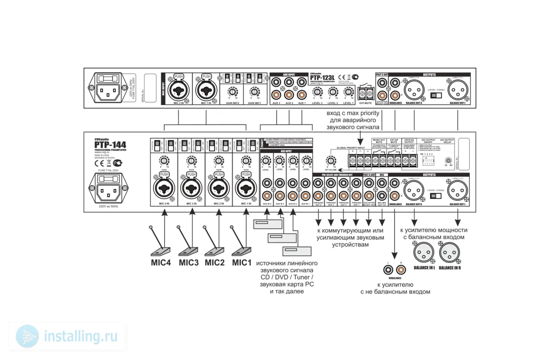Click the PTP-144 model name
(110, 145)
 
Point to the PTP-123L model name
(322, 78)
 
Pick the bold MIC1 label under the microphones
(242, 263)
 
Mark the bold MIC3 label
(189, 263)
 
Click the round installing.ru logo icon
(28, 336)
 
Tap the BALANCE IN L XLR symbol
(424, 253)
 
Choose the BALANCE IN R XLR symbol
(450, 253)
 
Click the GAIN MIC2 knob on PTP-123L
(232, 92)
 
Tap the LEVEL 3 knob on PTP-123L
(317, 92)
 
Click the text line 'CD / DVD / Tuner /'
(287, 277)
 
